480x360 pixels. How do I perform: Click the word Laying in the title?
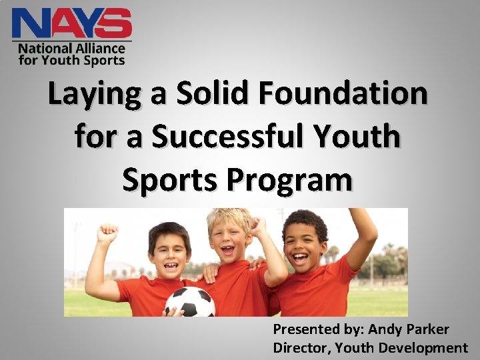pyautogui.click(x=95, y=95)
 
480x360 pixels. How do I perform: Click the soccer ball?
pyautogui.click(x=190, y=302)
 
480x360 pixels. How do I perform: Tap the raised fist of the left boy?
pyautogui.click(x=107, y=233)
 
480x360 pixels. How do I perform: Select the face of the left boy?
pyautogui.click(x=167, y=251)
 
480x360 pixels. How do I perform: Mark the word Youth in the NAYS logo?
pyautogui.click(x=58, y=60)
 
